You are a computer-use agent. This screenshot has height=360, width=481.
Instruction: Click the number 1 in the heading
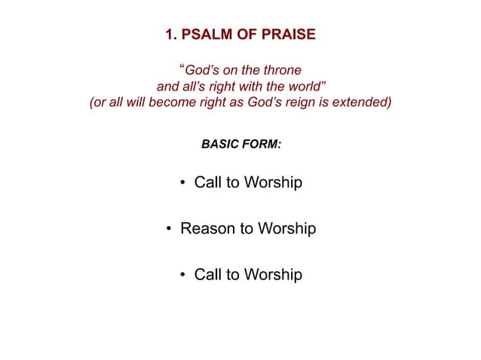(x=168, y=35)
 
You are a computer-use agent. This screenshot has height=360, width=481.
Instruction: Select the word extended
(x=363, y=103)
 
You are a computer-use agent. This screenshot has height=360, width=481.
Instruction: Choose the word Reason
(x=206, y=228)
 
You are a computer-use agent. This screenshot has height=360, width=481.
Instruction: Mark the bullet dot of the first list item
(x=184, y=183)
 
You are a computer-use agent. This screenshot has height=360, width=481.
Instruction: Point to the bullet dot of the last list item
(x=184, y=275)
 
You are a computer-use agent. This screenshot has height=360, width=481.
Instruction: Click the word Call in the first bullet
(x=208, y=182)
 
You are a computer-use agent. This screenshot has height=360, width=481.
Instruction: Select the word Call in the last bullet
(x=208, y=274)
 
